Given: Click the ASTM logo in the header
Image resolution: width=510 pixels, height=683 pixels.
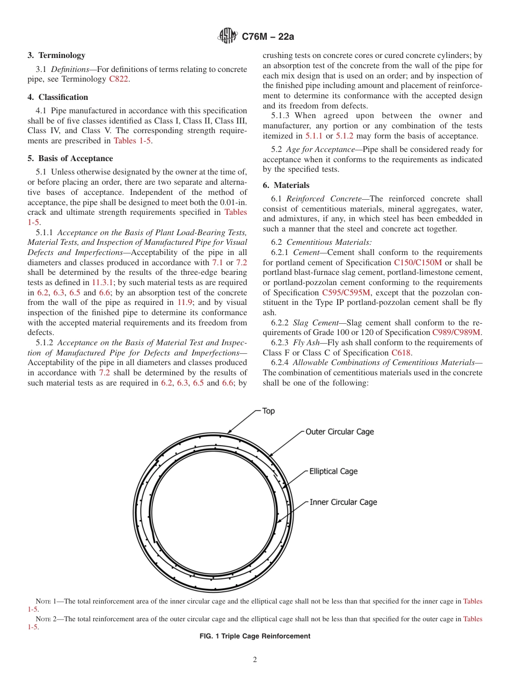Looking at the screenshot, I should click(227, 37).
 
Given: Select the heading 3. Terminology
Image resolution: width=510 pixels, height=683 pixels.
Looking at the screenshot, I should click(56, 55).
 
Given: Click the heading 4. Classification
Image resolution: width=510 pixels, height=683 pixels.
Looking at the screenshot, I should click(58, 97).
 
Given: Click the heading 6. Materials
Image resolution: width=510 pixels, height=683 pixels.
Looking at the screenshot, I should click(286, 185).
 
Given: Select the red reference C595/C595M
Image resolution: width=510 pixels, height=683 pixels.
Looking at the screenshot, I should click(346, 293).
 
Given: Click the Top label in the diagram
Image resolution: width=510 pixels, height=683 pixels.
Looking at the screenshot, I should click(268, 411).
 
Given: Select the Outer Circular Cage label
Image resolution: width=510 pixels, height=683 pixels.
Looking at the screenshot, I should click(340, 432).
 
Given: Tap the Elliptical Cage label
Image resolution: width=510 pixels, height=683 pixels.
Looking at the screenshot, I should click(333, 471).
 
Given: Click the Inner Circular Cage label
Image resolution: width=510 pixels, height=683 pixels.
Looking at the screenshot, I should click(343, 503).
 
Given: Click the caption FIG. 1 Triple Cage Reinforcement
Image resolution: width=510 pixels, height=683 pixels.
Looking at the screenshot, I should click(254, 636).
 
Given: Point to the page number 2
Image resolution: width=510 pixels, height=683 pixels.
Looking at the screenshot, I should click(255, 660).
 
